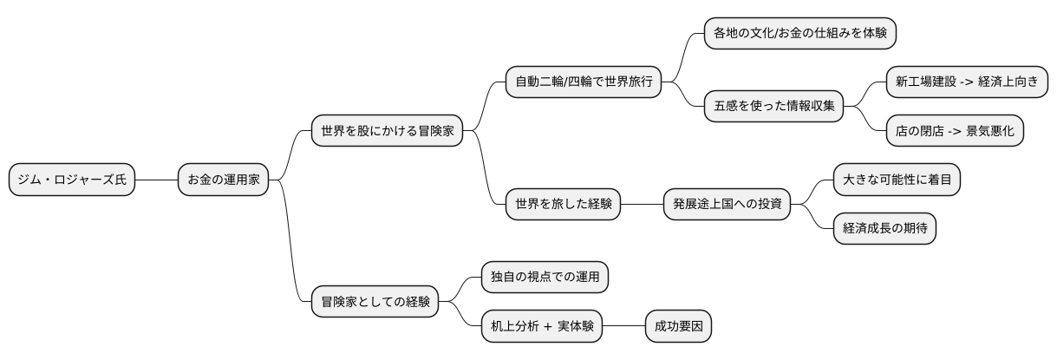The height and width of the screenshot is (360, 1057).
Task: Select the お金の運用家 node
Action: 223,180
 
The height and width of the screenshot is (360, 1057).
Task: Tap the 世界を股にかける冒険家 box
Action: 387,132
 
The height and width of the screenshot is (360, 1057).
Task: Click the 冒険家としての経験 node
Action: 375,302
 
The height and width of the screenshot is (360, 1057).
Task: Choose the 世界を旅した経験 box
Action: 563,205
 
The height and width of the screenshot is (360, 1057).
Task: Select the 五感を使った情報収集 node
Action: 773,107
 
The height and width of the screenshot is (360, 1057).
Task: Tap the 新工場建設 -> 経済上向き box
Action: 966,83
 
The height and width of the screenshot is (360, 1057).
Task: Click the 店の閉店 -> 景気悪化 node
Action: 955,131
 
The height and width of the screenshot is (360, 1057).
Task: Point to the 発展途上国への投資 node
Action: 728,205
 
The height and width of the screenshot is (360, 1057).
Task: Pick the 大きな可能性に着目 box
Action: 897,180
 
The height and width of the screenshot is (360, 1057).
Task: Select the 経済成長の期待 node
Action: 884,229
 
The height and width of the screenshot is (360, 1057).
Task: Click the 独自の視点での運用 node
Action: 545,278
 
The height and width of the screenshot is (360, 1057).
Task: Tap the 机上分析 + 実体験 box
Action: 541,326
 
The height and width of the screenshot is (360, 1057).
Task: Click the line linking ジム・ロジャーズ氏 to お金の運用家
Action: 156,180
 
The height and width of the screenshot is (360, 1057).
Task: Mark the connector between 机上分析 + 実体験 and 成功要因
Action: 623,326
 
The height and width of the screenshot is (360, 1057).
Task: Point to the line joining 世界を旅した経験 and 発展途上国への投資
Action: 642,205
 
